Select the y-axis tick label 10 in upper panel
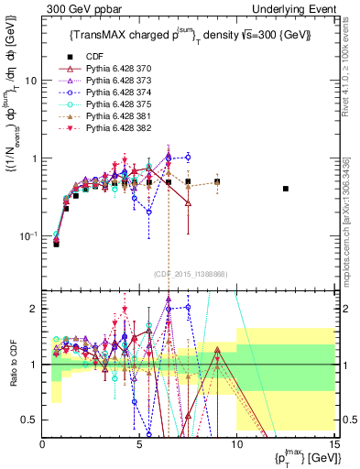(x=30, y=81)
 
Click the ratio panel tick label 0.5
(x=27, y=420)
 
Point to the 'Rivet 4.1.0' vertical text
(x=353, y=73)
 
